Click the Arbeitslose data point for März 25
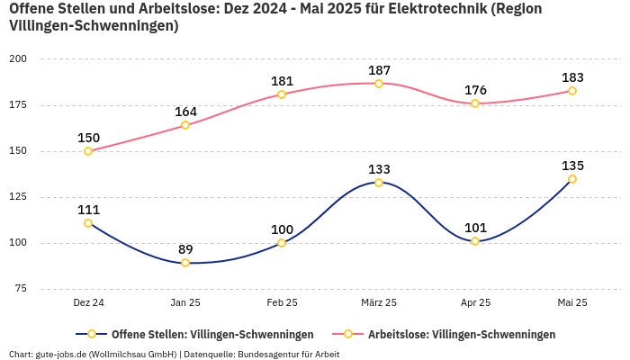pos(379,84)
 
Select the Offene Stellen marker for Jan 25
pos(185,263)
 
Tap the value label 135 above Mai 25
pos(572,166)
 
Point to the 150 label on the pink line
pos(88,138)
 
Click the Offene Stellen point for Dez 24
pos(88,223)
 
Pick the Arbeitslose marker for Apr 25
pos(475,103)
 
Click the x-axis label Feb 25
pos(282,303)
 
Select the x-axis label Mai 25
pos(572,303)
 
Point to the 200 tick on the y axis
pos(18,58)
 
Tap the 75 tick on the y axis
pos(21,288)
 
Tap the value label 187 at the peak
pos(379,70)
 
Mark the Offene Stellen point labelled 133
pos(379,183)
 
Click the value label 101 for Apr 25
pos(475,228)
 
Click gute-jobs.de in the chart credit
pos(61,354)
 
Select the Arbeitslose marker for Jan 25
pos(185,125)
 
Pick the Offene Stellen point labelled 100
pos(282,243)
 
